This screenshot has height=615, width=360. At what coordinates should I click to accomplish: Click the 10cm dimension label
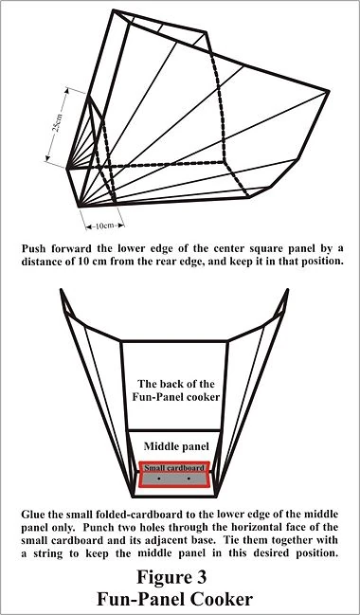pos(104,226)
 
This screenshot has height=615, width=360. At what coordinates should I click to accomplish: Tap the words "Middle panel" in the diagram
pos(175,446)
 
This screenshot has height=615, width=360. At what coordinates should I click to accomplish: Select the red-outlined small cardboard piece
pos(174,474)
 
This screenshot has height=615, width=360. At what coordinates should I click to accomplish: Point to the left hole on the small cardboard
pos(158,479)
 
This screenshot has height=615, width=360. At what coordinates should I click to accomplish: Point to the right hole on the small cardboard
pos(189,479)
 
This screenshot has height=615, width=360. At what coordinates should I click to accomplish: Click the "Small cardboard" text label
pos(174,468)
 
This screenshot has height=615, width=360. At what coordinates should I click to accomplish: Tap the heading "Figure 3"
pos(171,577)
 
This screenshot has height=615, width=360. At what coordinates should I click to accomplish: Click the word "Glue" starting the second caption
pos(31,514)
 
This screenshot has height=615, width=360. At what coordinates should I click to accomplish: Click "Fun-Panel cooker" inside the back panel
pos(175,396)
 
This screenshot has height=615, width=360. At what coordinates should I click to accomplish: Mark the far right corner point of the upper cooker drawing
pos(328,91)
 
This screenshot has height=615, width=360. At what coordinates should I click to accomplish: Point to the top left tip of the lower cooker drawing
pos(61,289)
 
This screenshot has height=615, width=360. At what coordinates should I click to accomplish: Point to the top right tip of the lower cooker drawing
pos(288,289)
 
